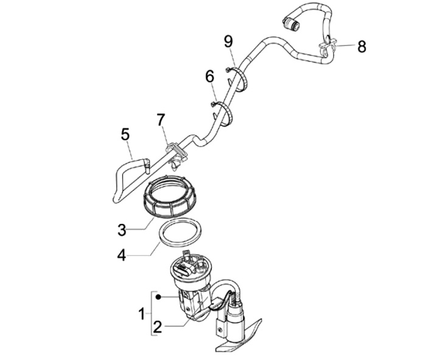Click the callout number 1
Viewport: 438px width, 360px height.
coord(141,314)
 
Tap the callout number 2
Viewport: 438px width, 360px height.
coord(158,327)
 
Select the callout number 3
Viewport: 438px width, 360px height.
coord(122,230)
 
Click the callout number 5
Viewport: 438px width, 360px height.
coord(125,134)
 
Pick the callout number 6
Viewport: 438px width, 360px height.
coord(210,77)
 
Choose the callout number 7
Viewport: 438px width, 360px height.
coord(161,120)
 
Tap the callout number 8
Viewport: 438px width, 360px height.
coord(361,46)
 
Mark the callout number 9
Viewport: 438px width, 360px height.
coord(228,41)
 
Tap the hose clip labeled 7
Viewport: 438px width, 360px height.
coord(176,151)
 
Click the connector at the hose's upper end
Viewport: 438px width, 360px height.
coord(292,24)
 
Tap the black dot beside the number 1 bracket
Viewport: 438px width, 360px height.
coord(158,297)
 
